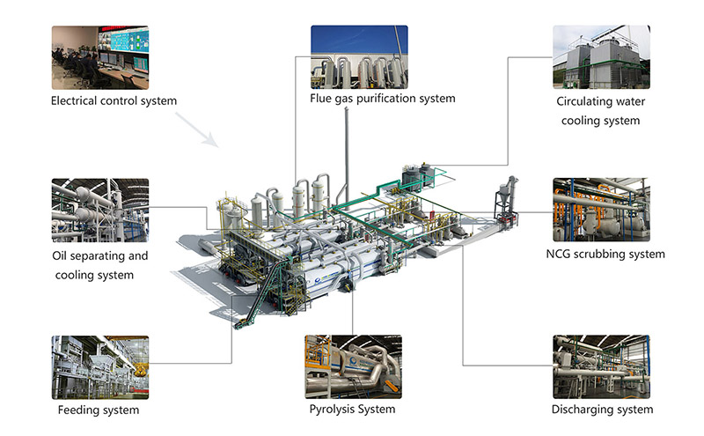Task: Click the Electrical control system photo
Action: (99, 56)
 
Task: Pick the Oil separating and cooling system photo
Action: (99, 210)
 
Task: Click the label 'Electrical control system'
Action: (114, 100)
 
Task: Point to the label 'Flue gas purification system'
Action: (382, 99)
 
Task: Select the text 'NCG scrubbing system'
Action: (605, 255)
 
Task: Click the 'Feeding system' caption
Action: (99, 410)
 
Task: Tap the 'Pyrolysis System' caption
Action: (352, 410)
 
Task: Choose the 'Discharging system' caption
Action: (602, 410)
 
